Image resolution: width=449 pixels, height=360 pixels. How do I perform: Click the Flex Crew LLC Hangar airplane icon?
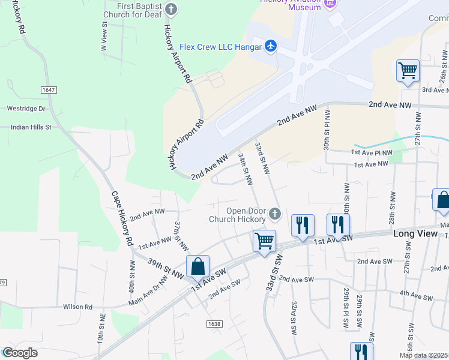(x=270, y=46)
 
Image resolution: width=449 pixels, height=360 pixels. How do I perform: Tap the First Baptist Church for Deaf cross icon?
(x=171, y=8)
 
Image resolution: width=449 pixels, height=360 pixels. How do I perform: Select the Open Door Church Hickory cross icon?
(x=274, y=214)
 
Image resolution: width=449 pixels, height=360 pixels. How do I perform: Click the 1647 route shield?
(x=49, y=89)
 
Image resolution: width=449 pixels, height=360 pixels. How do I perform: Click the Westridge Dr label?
(x=25, y=109)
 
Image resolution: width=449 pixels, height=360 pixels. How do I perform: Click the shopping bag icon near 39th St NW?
(x=198, y=266)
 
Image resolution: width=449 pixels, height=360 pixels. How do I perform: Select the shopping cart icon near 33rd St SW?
(x=264, y=241)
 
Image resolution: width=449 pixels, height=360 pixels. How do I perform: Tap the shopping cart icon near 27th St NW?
(x=408, y=71)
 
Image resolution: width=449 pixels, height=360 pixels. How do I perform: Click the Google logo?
(x=20, y=353)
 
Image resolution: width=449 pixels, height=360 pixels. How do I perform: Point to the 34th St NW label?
(x=245, y=170)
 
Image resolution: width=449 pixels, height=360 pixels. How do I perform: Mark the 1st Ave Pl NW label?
(x=372, y=153)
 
